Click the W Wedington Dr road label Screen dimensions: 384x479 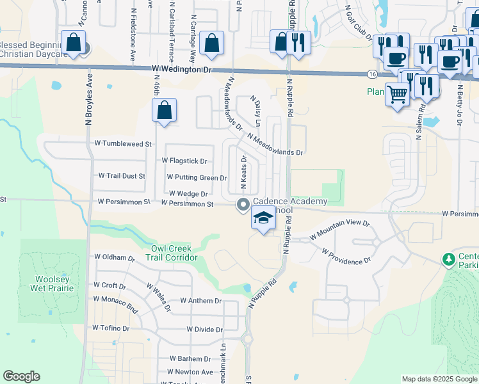coord(182,68)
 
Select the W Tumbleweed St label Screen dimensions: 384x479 coord(122,144)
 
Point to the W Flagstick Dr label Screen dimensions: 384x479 coord(184,161)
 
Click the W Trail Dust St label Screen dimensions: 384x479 coord(122,175)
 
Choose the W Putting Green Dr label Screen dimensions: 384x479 coord(197,177)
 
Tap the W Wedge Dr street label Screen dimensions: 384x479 coord(188,194)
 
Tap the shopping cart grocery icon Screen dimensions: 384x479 coord(398,95)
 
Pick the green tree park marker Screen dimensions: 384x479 coord(449,259)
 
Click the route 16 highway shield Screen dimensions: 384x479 coord(373,74)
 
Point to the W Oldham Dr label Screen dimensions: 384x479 coord(115,257)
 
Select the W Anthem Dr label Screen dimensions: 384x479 coord(200,300)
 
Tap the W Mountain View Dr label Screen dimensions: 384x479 coord(339,229)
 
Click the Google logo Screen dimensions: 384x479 coord(21,376)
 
